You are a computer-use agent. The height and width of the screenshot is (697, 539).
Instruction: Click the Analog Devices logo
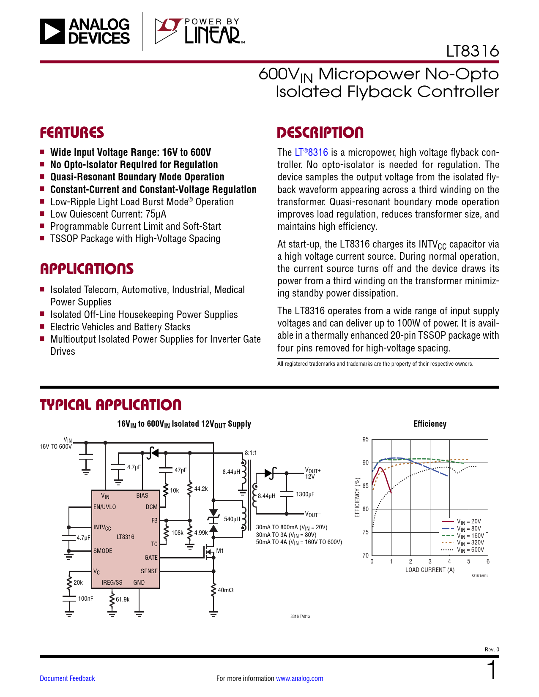[85, 31]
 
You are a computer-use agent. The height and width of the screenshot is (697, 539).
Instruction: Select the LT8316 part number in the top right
[472, 51]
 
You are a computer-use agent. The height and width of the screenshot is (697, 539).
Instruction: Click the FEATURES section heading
[72, 133]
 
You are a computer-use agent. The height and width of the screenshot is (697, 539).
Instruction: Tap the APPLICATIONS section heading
[87, 269]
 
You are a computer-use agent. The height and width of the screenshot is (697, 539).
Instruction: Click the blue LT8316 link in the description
[311, 152]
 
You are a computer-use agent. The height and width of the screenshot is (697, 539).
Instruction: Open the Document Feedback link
[67, 678]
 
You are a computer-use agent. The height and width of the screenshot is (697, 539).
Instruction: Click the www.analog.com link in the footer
[299, 678]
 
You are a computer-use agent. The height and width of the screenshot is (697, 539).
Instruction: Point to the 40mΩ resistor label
[225, 590]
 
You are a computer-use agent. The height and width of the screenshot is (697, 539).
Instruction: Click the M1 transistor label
[220, 551]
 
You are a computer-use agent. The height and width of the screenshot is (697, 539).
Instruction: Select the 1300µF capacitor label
[305, 494]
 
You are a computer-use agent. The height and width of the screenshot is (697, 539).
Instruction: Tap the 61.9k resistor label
[123, 599]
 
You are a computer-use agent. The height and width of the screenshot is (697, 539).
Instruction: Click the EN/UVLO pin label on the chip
[104, 507]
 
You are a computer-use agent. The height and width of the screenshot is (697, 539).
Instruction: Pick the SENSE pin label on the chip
[149, 571]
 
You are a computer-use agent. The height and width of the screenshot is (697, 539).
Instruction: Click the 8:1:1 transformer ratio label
[251, 453]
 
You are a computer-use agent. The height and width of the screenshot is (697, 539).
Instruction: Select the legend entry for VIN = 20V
[469, 522]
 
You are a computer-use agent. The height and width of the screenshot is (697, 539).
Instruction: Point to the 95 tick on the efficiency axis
[365, 439]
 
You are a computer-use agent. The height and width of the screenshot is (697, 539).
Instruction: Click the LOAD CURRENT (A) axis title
[430, 570]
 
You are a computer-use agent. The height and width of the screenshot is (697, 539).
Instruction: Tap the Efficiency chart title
[430, 424]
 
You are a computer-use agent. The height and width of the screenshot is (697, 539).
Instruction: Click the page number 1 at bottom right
[492, 670]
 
